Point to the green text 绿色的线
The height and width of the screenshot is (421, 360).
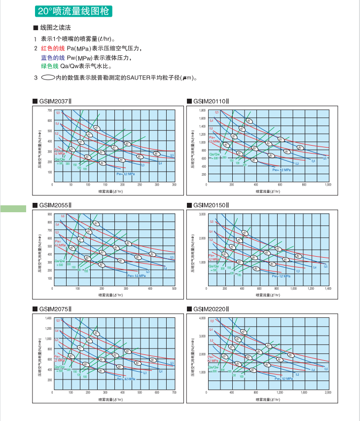point(49,66)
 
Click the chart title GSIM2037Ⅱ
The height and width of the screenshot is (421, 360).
point(55,101)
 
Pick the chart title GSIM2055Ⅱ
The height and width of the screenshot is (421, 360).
point(55,205)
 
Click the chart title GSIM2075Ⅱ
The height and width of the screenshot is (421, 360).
point(55,309)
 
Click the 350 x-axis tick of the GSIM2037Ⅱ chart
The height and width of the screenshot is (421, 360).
point(174,185)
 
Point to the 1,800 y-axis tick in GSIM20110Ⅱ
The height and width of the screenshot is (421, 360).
point(203,111)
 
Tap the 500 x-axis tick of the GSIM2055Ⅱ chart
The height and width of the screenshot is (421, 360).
point(174,288)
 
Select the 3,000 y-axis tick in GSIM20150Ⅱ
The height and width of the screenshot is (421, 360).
point(202,214)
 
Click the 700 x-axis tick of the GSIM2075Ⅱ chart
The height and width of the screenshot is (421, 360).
point(174,392)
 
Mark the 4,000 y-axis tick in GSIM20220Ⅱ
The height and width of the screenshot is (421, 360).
point(202,318)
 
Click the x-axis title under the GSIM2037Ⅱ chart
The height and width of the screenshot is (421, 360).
point(110,191)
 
